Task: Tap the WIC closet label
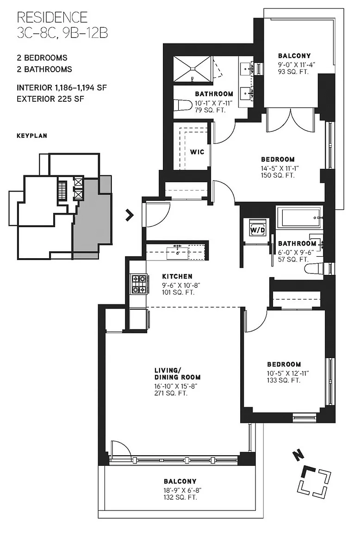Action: (197, 152)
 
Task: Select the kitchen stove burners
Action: (139, 284)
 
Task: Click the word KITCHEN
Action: (177, 276)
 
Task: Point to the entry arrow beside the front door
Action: (129, 215)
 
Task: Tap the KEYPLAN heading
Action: (32, 136)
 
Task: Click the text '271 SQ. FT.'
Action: (171, 393)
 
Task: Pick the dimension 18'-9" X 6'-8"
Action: (180, 490)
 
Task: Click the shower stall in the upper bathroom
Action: (193, 69)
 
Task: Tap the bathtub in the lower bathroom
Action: (299, 218)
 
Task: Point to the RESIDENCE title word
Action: (52, 17)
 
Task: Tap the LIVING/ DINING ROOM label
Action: (177, 373)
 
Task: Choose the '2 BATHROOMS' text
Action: (44, 69)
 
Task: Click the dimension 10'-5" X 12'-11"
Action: (288, 373)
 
